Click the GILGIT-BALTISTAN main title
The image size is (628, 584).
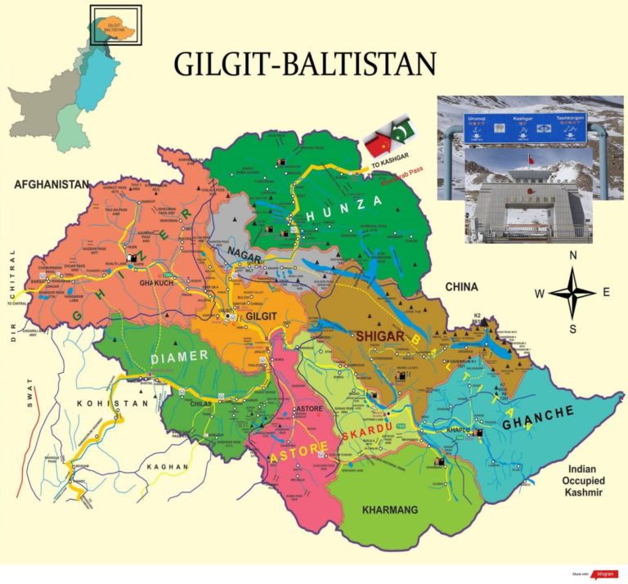tap(304, 64)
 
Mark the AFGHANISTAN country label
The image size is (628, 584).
tap(51, 186)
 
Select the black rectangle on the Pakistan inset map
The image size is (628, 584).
tap(115, 24)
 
